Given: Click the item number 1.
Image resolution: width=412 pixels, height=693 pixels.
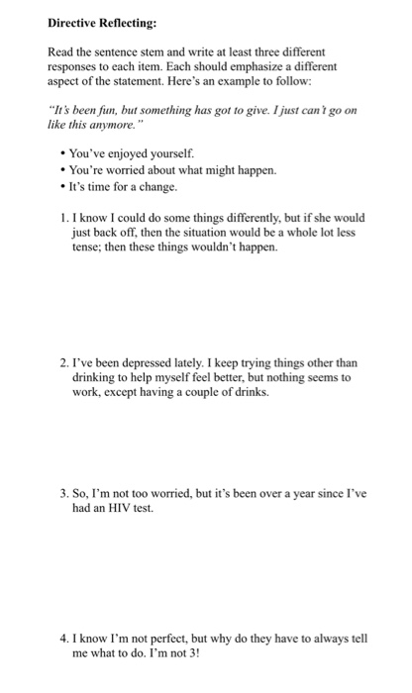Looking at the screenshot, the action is point(63,217).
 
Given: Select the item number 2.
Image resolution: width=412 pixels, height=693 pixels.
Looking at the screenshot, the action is point(63,363).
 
